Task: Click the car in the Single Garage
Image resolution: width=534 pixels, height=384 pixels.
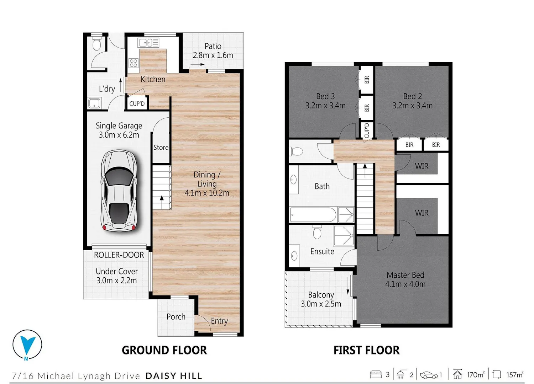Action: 119,191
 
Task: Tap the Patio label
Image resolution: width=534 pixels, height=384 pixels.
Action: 213,46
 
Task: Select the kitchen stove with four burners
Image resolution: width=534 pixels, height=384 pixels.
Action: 133,63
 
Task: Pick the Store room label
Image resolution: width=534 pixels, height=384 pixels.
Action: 161,148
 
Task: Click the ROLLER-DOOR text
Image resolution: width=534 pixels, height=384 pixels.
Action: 119,255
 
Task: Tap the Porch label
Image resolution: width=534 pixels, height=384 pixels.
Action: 176,317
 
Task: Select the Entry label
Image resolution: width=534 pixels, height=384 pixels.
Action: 219,321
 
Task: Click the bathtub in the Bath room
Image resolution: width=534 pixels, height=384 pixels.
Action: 313,215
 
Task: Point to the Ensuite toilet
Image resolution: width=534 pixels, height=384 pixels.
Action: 317,232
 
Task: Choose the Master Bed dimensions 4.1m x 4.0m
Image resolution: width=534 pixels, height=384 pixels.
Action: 405,284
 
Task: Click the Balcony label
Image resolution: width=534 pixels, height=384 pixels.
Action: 321,295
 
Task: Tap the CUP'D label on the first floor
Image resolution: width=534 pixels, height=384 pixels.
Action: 367,130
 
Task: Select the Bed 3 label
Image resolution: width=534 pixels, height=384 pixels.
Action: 325,96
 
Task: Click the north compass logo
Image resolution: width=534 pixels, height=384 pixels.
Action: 27,345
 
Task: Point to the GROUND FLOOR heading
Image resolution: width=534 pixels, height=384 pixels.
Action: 164,350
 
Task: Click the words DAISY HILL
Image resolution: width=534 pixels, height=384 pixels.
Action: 174,376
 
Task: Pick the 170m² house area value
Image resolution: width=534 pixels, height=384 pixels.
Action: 476,375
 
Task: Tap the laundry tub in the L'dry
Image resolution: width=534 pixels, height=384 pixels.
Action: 95,103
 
